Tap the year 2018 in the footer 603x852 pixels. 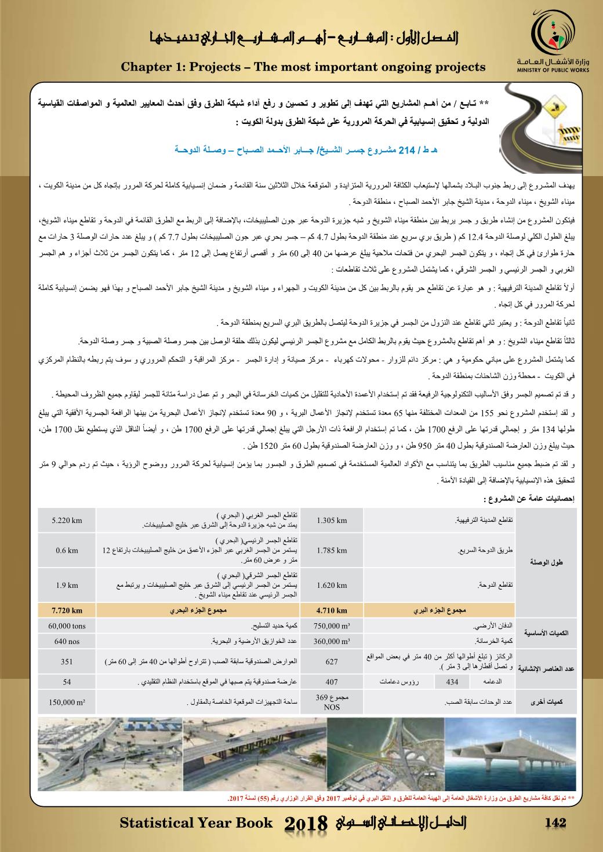[307, 824]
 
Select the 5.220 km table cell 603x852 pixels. [67, 520]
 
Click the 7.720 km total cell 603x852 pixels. [67, 610]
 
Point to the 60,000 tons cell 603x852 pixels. [67, 626]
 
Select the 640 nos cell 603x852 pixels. [67, 641]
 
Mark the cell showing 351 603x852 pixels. [67, 661]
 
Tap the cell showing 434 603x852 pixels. [452, 682]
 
